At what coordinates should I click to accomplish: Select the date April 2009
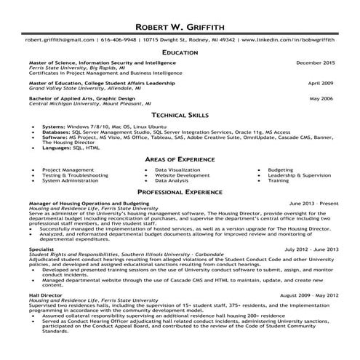click(x=321, y=83)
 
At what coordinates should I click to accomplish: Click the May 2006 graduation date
click(x=321, y=97)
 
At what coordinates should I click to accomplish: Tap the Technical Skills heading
click(x=180, y=116)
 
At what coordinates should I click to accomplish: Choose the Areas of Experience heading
click(x=180, y=159)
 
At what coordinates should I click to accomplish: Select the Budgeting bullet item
click(x=281, y=169)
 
